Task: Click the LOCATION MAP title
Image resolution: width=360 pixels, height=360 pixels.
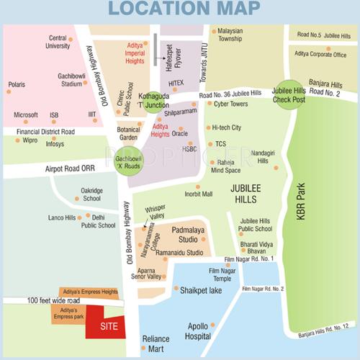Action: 180,10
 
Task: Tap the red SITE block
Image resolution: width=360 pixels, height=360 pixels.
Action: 105,325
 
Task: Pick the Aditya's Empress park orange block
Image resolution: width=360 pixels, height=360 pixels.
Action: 68,314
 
